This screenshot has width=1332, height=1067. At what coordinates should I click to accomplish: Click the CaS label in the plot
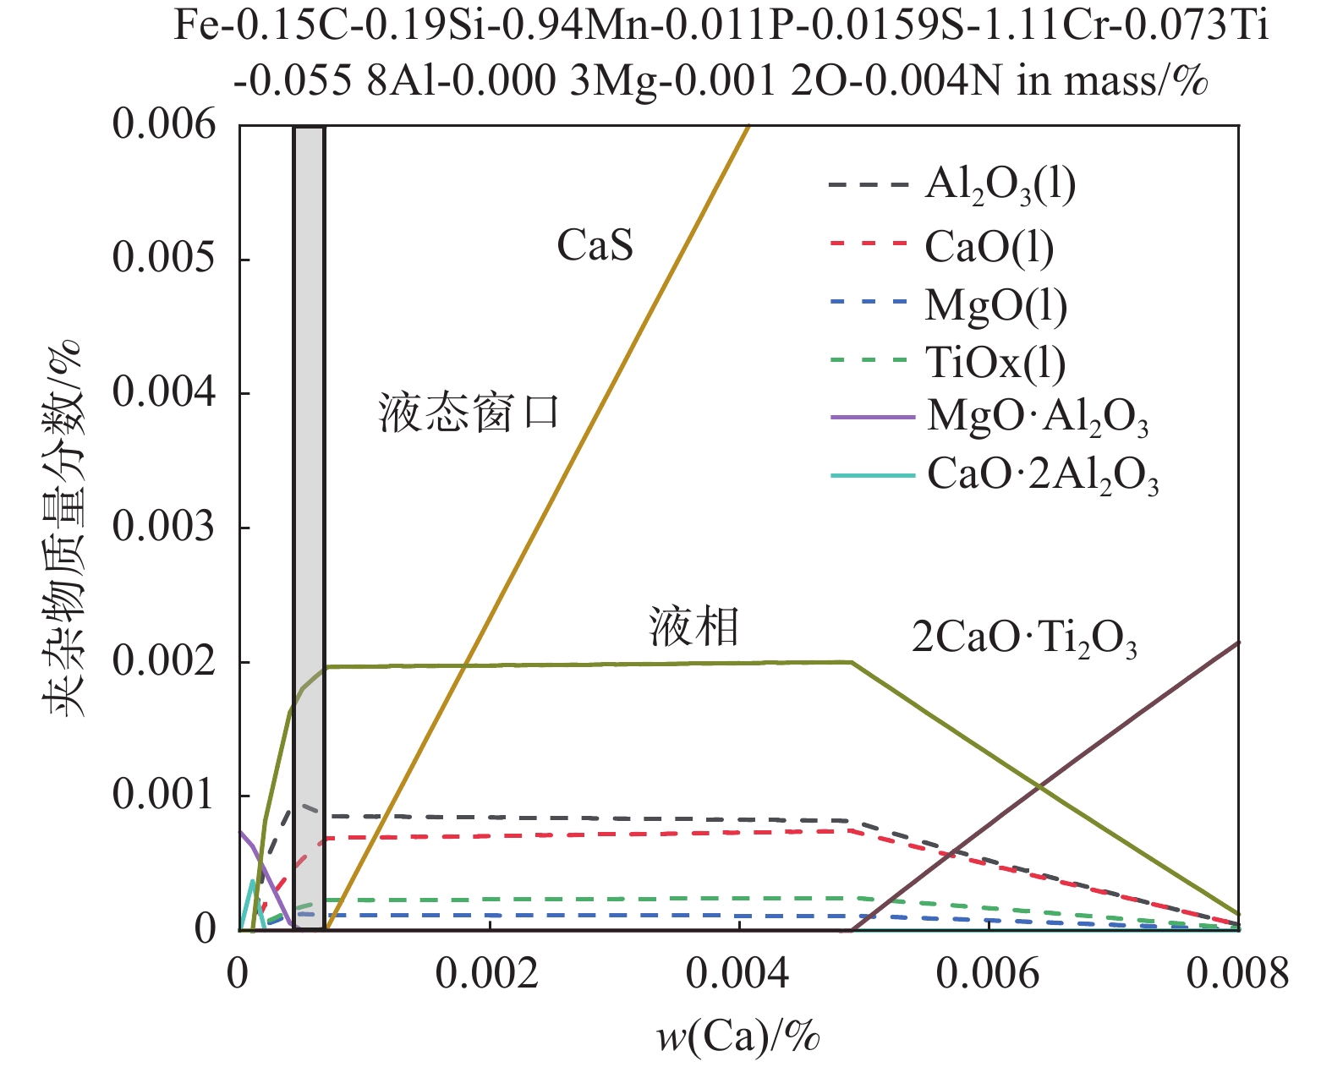[595, 246]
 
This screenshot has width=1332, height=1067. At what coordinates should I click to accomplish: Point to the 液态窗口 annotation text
[469, 413]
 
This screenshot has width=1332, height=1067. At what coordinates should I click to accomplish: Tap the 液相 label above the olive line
[694, 627]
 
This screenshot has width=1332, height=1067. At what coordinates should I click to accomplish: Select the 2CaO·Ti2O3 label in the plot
[1024, 638]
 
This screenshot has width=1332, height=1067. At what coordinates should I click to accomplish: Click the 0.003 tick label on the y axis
[164, 527]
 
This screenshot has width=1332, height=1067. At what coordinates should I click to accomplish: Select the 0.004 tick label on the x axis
[737, 974]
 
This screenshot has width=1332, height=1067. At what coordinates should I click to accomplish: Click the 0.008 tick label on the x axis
[1237, 974]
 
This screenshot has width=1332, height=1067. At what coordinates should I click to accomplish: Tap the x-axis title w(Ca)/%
[738, 1036]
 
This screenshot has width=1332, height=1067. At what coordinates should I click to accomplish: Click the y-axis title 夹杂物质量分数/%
[63, 528]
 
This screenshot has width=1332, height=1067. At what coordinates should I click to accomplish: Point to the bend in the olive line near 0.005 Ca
[852, 662]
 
